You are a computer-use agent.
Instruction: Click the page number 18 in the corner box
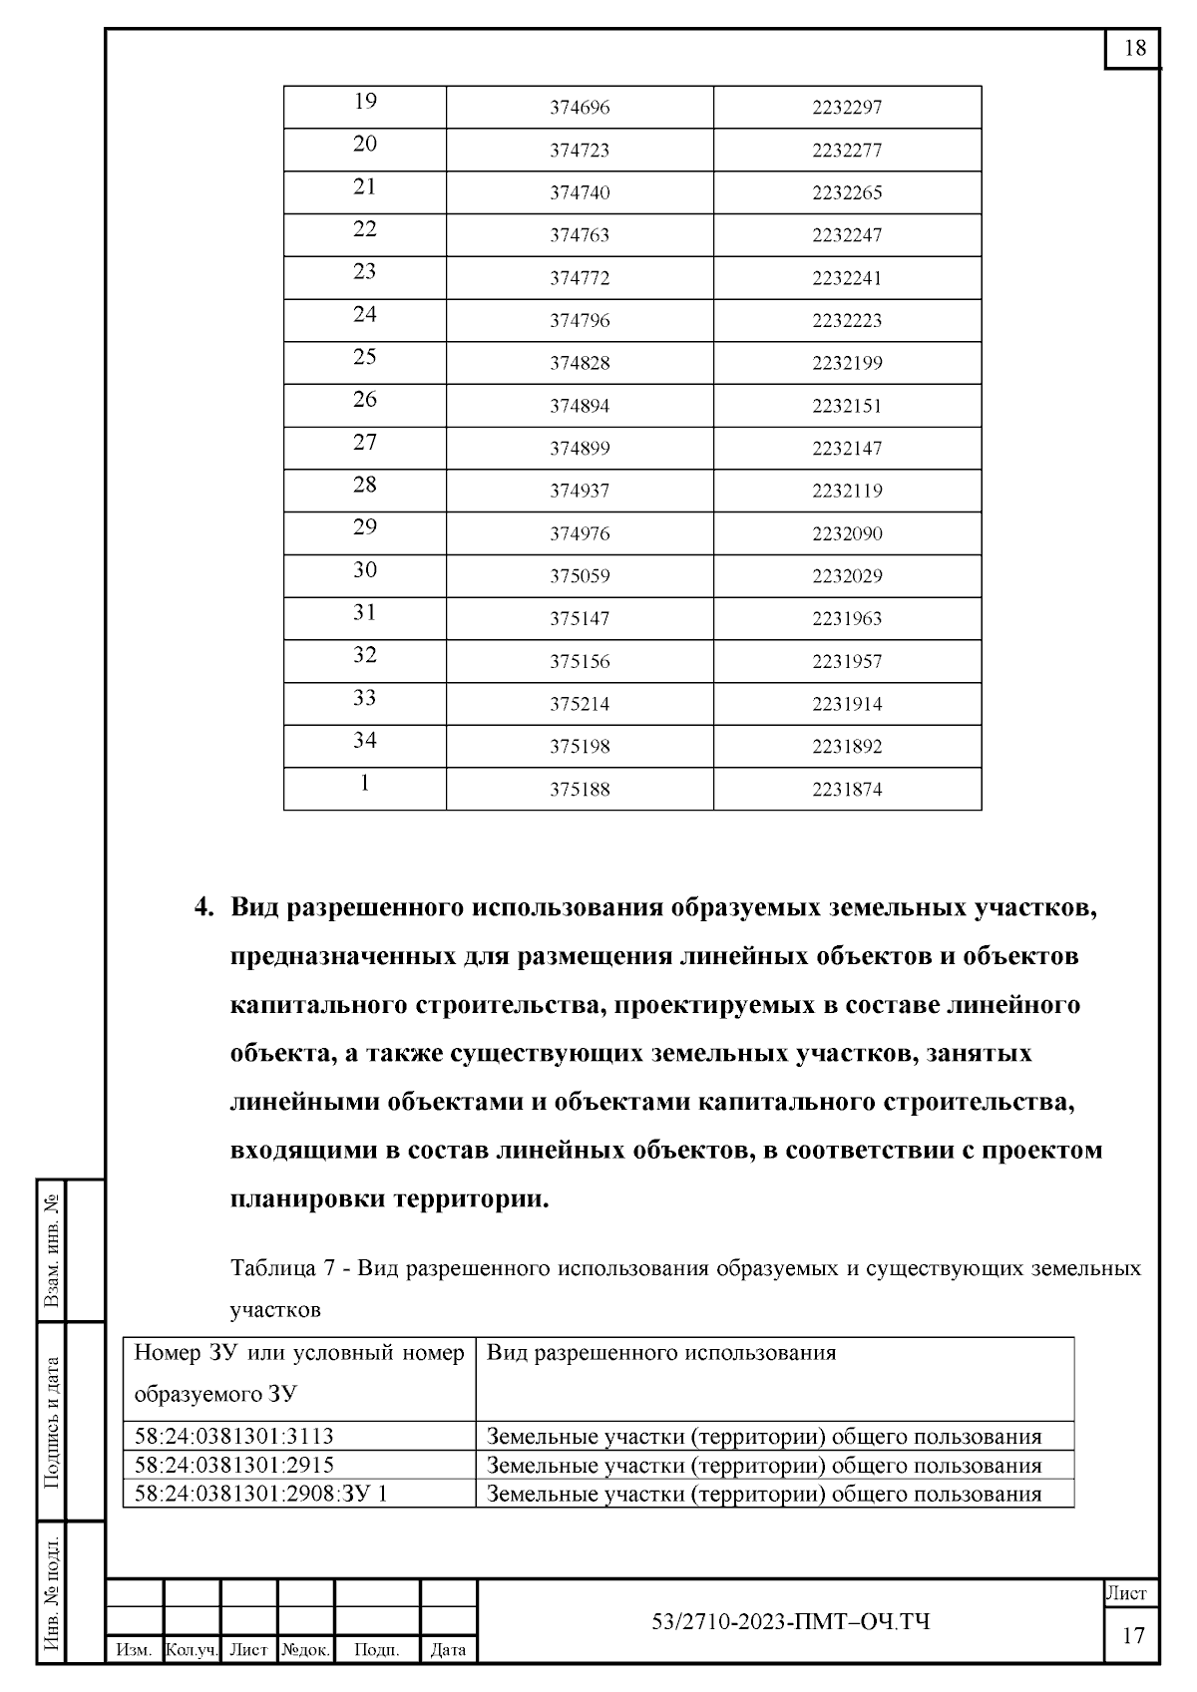coord(1134,49)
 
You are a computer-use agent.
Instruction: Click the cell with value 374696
coord(580,108)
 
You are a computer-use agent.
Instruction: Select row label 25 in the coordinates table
coord(365,357)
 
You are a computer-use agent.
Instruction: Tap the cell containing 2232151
coord(847,406)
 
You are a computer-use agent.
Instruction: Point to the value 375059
coord(580,576)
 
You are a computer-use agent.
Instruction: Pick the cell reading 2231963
coord(847,619)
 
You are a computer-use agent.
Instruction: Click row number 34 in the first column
coord(365,740)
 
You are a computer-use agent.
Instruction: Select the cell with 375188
coord(580,790)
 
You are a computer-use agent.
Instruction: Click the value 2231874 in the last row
coord(847,790)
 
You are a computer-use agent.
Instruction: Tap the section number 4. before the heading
coord(203,908)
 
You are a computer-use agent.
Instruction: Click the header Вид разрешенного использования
coord(661,1353)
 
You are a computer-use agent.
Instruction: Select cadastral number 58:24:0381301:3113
coord(234,1437)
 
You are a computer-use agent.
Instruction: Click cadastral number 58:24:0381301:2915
coord(234,1465)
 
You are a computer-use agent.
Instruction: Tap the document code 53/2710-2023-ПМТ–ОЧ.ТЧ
coord(790,1622)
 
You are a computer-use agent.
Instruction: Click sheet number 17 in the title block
coord(1133,1635)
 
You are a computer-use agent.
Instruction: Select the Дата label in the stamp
coord(448,1650)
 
